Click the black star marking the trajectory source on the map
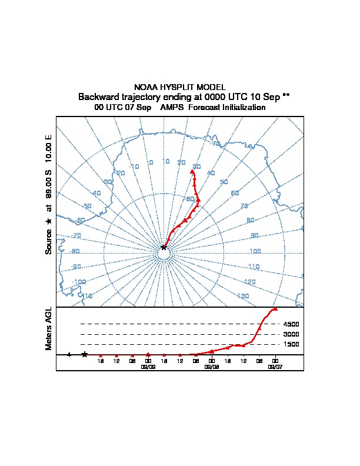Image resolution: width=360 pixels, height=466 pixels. click(x=164, y=247)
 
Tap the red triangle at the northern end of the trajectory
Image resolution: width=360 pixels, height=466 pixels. click(x=192, y=171)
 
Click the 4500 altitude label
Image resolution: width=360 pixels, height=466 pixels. click(x=291, y=324)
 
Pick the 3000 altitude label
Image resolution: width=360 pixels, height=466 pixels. click(x=291, y=334)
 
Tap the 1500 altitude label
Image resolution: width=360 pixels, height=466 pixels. click(x=291, y=344)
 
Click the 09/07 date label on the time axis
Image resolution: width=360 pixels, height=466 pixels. click(x=275, y=366)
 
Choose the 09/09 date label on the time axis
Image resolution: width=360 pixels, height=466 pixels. click(x=148, y=366)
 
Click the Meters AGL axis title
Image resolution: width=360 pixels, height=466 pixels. click(x=49, y=328)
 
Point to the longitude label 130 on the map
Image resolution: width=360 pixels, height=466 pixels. click(x=242, y=295)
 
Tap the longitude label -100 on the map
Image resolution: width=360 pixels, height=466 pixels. click(x=79, y=282)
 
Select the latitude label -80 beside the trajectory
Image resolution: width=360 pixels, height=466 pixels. click(x=189, y=199)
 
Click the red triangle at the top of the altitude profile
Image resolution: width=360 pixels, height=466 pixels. click(x=275, y=308)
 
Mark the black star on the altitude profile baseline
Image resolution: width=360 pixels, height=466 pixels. click(x=85, y=354)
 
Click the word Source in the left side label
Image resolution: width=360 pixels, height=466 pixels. click(x=49, y=242)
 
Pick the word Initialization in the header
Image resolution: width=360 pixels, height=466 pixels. click(x=241, y=108)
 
